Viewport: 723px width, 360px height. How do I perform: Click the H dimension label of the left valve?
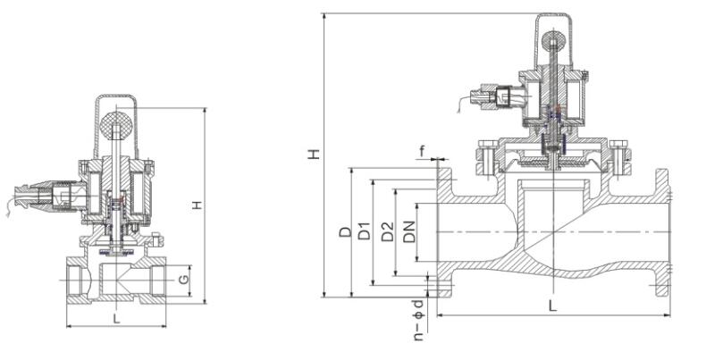coord(198,205)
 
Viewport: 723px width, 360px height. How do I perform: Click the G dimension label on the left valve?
coord(183,280)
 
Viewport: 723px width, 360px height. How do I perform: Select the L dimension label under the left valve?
coord(116,317)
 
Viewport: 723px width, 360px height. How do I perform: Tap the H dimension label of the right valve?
coord(313,154)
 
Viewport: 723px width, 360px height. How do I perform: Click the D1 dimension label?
coord(364,232)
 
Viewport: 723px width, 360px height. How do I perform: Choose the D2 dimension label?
coord(387,232)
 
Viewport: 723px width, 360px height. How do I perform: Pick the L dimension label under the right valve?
coord(553,306)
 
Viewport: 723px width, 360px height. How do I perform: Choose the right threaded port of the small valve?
coord(160,280)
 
